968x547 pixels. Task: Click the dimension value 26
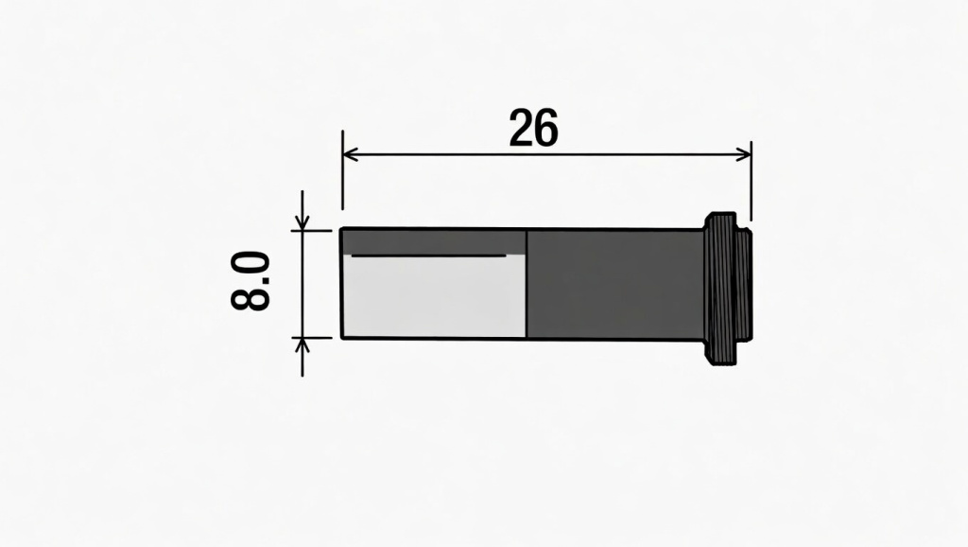(x=533, y=129)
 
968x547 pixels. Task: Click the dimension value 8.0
(x=251, y=281)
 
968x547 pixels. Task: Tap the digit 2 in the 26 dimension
(x=521, y=129)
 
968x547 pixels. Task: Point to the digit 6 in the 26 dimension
(x=545, y=129)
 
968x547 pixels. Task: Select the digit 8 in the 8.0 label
(x=251, y=297)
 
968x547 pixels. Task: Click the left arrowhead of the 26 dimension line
(x=349, y=153)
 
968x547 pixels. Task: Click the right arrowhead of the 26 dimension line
(x=744, y=153)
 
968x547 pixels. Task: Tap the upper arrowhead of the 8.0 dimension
(x=302, y=224)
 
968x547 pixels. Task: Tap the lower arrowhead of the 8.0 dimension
(x=302, y=343)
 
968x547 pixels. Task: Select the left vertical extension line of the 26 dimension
(x=342, y=180)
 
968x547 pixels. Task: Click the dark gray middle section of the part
(x=614, y=284)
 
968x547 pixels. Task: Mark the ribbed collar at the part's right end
(x=727, y=289)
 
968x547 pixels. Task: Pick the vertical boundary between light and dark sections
(x=526, y=284)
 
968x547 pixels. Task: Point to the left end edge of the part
(x=341, y=284)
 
